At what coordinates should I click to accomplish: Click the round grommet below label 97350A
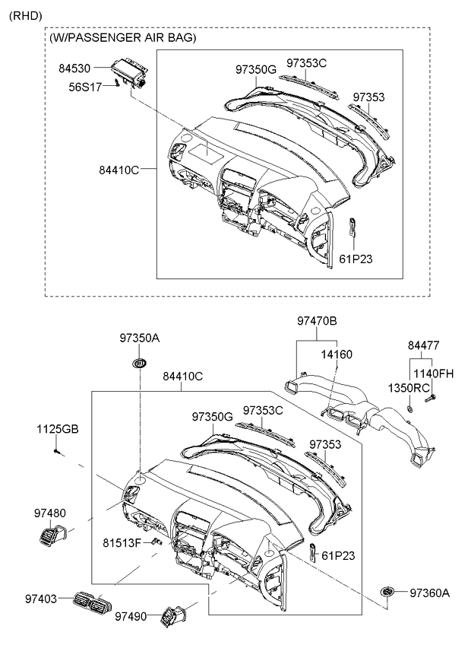(140, 363)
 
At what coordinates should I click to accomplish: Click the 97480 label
(49, 513)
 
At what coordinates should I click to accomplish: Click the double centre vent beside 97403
(92, 604)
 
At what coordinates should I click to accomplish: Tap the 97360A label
(430, 593)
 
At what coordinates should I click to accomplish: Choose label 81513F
(122, 543)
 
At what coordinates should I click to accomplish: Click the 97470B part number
(317, 322)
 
